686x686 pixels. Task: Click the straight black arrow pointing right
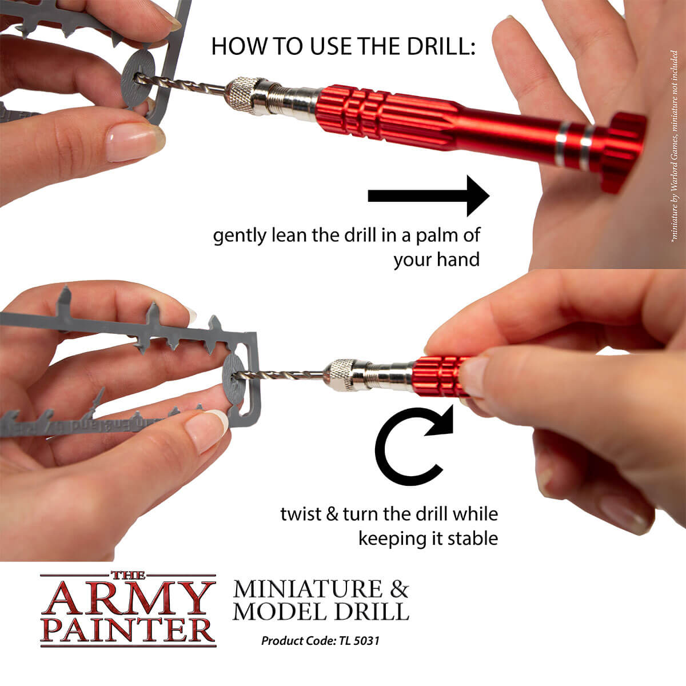[x=429, y=196]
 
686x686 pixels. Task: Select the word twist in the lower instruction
[x=300, y=513]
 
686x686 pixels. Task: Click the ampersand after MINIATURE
[x=398, y=589]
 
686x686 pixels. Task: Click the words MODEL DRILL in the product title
[x=321, y=611]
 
